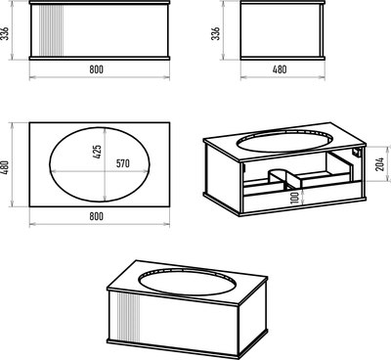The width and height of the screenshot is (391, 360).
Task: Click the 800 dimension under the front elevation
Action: click(96, 69)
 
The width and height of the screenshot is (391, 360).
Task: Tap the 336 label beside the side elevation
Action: click(215, 33)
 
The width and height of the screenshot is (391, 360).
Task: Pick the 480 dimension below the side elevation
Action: click(280, 69)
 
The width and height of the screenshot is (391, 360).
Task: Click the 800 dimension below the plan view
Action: click(96, 216)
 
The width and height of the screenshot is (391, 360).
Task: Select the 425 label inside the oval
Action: click(97, 152)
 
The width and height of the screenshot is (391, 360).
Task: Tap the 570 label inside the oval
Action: click(123, 163)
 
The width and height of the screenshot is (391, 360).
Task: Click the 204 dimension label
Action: click(380, 164)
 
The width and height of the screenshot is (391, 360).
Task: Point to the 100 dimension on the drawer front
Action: click(295, 198)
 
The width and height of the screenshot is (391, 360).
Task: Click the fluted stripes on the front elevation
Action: click(51, 31)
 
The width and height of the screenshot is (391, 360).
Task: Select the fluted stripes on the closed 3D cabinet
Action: click(128, 318)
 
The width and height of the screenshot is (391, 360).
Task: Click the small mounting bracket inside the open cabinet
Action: click(357, 153)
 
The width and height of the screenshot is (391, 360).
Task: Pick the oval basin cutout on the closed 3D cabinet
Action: click(186, 283)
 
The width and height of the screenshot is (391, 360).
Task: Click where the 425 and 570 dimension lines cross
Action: click(105, 171)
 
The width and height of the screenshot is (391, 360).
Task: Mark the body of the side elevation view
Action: click(282, 30)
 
